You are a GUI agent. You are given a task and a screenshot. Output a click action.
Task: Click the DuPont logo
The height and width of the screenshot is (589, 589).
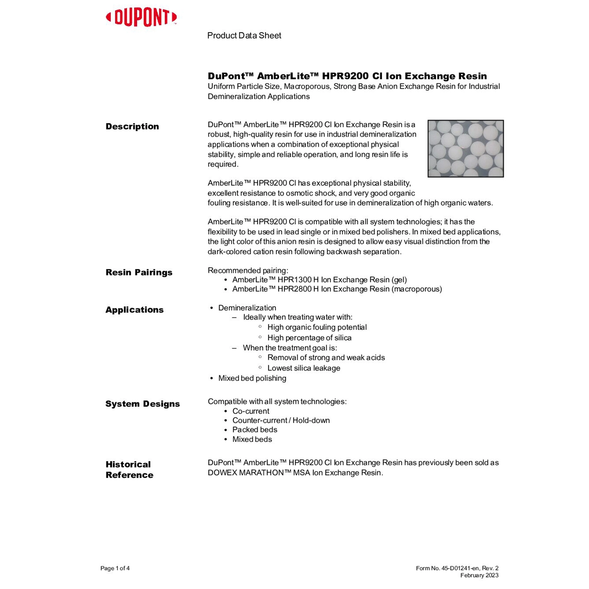141,18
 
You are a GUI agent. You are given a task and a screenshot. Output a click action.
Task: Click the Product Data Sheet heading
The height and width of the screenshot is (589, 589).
244,36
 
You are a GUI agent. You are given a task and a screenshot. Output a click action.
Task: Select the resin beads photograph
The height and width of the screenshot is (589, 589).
465,148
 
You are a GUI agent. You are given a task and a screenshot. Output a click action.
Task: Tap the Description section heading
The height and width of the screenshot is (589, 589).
132,126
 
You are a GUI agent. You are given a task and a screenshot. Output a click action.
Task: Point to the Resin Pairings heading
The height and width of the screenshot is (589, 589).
139,273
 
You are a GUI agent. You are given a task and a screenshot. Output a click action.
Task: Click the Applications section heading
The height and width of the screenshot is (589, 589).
134,310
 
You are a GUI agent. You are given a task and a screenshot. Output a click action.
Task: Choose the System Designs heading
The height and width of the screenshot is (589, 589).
143,404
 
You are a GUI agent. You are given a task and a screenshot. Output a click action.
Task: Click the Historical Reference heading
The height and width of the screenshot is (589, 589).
129,470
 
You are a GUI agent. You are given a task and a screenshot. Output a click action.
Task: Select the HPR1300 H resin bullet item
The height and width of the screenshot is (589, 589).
319,280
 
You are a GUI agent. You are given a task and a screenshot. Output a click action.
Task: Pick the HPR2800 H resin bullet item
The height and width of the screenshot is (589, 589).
337,289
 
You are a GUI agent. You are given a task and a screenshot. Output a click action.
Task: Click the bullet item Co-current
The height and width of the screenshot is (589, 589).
251,411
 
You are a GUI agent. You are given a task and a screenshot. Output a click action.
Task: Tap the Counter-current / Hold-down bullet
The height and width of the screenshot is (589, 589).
281,421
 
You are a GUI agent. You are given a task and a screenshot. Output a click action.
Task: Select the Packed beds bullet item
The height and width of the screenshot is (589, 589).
254,430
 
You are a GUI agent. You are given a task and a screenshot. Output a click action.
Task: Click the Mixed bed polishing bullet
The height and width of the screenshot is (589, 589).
252,378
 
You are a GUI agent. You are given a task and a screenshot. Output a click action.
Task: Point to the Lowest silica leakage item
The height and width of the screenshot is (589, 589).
304,368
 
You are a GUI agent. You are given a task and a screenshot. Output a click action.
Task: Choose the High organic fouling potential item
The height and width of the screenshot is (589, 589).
317,327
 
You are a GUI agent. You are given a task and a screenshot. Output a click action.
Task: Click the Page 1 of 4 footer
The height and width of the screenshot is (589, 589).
115,568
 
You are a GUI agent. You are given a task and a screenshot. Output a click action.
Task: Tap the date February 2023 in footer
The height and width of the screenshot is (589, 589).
479,576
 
